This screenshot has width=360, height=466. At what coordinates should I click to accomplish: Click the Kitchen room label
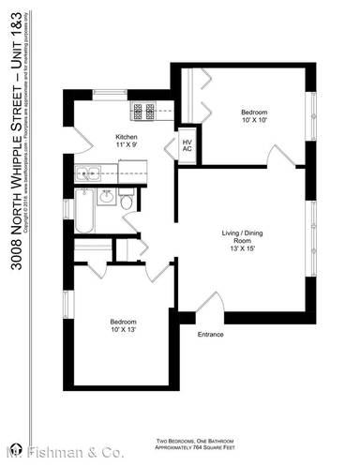pyautogui.click(x=127, y=137)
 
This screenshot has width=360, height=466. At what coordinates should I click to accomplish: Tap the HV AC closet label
pyautogui.click(x=187, y=146)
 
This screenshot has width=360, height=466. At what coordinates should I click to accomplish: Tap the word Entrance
pyautogui.click(x=211, y=334)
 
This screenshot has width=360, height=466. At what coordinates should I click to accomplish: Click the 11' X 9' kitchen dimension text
pyautogui.click(x=127, y=146)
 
